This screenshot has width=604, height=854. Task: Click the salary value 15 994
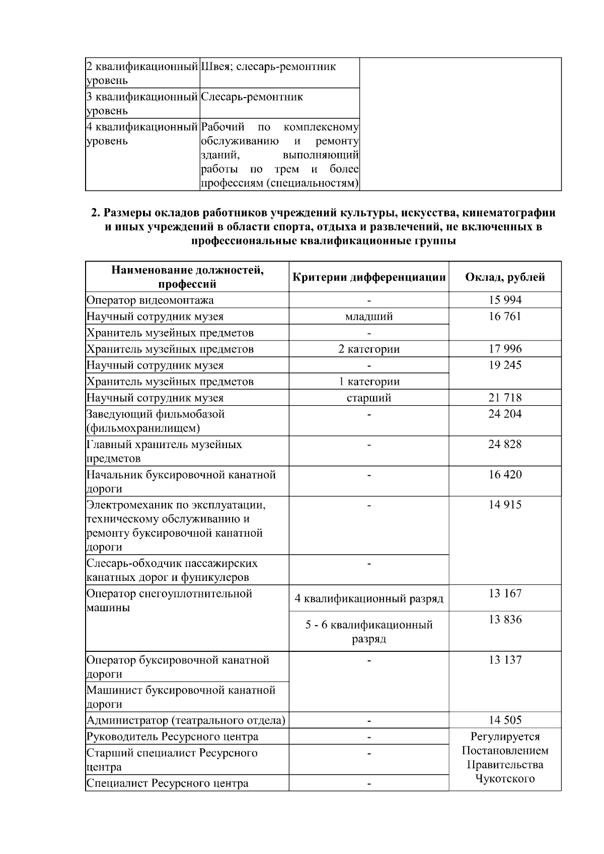(505, 300)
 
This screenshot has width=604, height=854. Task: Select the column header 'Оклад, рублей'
(505, 277)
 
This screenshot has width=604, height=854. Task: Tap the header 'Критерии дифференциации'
(369, 277)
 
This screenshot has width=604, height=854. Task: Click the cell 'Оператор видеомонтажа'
(150, 300)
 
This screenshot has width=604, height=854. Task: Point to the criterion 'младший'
(369, 316)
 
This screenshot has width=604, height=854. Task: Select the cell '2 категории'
(369, 349)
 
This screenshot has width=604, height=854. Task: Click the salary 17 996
(505, 349)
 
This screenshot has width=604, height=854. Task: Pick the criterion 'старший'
(369, 398)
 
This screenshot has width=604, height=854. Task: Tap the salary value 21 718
(505, 398)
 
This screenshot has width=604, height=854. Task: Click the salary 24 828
(505, 444)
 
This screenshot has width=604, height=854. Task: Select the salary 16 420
(505, 474)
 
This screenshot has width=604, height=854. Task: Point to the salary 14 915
(505, 504)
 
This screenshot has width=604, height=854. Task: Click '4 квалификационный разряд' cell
(369, 599)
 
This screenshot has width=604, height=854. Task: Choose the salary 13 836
(505, 619)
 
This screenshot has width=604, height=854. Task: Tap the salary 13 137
(505, 659)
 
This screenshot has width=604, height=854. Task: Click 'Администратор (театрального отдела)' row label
(186, 720)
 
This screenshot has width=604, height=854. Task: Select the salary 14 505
(505, 720)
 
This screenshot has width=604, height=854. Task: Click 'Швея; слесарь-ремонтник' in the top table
(268, 67)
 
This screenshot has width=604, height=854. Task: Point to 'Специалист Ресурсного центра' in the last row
(167, 783)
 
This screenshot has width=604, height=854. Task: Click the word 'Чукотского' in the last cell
(505, 779)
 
